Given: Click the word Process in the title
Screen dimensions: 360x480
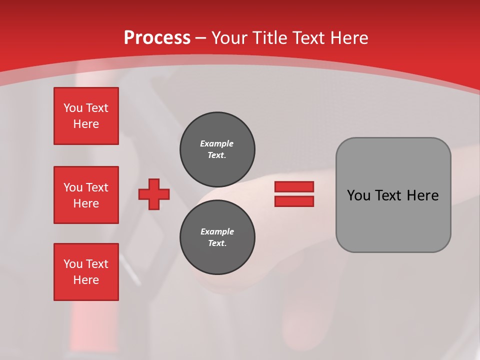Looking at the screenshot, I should coord(157,37).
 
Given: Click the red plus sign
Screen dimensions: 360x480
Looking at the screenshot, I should coord(154,194).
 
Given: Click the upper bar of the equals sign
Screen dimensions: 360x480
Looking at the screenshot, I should coord(294,186).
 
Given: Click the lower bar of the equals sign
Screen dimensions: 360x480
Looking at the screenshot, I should coord(294,201).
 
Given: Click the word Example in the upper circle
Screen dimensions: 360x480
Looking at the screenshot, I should coord(216,143).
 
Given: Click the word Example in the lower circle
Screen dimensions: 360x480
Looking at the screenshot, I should coord(217,231).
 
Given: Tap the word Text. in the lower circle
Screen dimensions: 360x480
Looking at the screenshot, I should coord(217,243).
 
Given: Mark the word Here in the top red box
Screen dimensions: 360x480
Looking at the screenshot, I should coord(86,124).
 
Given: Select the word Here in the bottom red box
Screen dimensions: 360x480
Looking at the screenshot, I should coord(86,280).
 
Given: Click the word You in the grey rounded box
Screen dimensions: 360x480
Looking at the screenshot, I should coord(358,195).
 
